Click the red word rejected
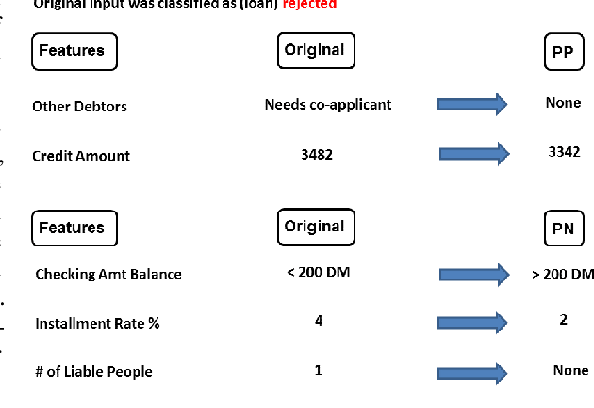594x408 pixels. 309,5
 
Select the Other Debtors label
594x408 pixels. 79,107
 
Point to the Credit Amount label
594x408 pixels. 81,156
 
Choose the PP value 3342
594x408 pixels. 563,152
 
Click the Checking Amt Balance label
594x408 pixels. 108,275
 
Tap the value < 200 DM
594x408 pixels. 318,273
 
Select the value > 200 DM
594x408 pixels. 563,274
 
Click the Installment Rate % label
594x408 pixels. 97,324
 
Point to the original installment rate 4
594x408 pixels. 319,321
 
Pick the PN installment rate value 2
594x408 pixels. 563,320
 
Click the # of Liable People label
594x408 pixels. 93,372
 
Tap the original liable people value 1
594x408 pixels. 318,370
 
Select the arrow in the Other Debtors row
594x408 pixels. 472,104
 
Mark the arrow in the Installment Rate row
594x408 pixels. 472,323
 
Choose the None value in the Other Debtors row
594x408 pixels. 563,103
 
